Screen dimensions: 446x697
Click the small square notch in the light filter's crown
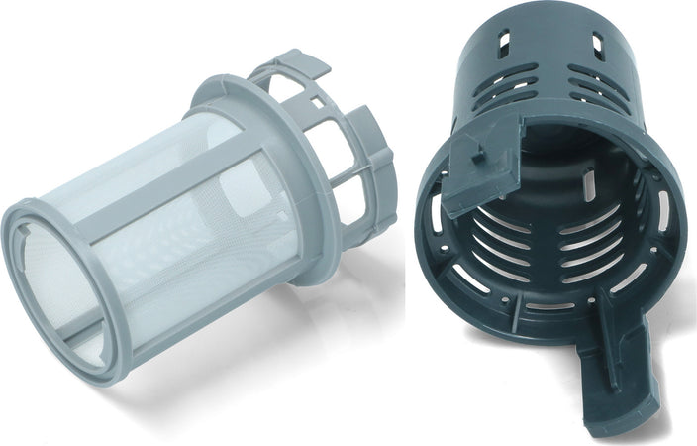pos(315,100)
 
